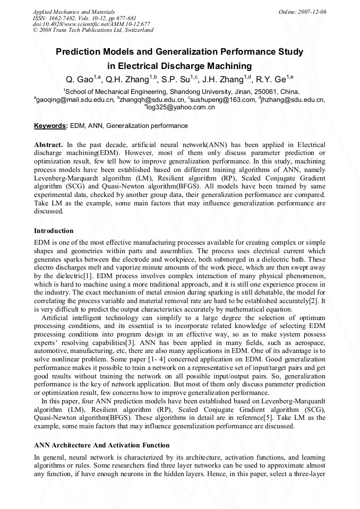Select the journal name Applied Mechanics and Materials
74,11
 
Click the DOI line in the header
91,24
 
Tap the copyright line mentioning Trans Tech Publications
93,30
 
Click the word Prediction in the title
80,52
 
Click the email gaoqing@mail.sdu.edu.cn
75,99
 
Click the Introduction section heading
54,231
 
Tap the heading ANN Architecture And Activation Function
102,445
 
